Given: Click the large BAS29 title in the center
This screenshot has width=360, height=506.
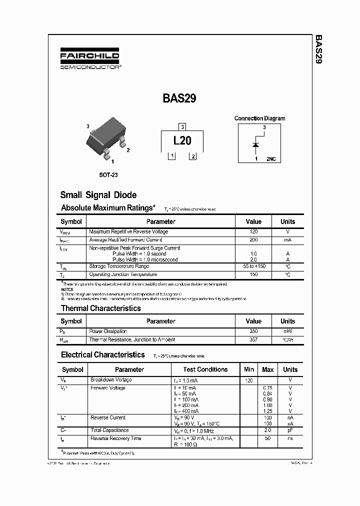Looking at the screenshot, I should point(179,98).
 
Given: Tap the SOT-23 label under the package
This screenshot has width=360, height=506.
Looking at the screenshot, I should point(108,175).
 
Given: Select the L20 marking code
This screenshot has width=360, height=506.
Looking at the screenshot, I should point(182,141).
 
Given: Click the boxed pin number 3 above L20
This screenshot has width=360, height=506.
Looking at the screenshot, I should point(182,126).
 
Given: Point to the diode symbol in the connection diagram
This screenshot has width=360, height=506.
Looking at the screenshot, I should point(256,145).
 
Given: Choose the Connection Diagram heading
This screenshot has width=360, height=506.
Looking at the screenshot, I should point(259,118).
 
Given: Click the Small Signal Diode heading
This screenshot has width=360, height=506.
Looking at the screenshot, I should point(98,195).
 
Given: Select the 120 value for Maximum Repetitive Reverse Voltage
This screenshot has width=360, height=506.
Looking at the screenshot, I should point(253,232).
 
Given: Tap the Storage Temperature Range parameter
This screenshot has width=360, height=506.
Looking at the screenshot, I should point(118,266).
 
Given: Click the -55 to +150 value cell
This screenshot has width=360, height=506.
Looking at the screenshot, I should point(253,266).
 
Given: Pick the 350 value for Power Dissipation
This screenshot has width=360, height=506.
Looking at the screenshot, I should point(253,331).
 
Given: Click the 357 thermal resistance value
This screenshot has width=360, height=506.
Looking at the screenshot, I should point(253,340).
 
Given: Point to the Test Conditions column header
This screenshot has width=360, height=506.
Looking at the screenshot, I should point(205,369).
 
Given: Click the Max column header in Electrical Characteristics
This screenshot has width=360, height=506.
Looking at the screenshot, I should point(268,369).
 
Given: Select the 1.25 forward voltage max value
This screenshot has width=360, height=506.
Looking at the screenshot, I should point(267,411).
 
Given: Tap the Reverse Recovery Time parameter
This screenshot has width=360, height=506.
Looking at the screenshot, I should point(115,438).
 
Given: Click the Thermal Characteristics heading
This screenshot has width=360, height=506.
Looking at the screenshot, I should point(101,308).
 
